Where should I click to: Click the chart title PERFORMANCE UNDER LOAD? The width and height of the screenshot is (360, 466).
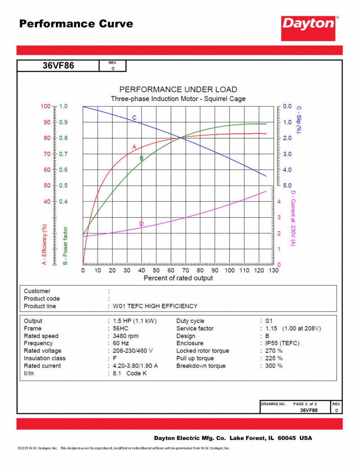point(178,90)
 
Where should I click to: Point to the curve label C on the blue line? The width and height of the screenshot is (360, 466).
point(134,118)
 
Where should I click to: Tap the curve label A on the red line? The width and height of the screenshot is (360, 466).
point(134,147)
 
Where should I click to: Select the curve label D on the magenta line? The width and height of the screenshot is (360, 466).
point(141,224)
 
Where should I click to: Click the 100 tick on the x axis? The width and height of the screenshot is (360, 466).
point(229,271)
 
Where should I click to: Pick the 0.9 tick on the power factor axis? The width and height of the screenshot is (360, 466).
point(63,122)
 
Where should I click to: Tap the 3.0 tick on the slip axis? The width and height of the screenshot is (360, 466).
point(287,154)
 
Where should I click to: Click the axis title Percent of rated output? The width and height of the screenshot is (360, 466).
point(178,278)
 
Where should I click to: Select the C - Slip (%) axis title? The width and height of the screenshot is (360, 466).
point(298,119)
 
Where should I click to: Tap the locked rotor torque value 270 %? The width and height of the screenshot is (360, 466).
point(273,351)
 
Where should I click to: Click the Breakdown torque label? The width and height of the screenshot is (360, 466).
point(201,366)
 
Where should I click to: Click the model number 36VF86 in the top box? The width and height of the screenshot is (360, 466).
point(58,66)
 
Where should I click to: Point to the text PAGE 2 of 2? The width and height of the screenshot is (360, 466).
point(305,404)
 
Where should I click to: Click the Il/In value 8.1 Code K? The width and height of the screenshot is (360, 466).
point(130,373)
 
